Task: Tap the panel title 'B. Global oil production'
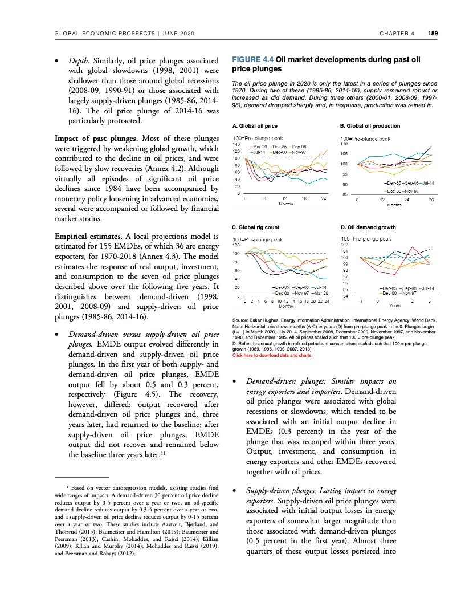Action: pyautogui.click(x=370, y=125)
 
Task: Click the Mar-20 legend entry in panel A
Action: pyautogui.click(x=260, y=147)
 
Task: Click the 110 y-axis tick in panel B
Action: pyautogui.click(x=344, y=144)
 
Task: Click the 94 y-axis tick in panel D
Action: pyautogui.click(x=344, y=296)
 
